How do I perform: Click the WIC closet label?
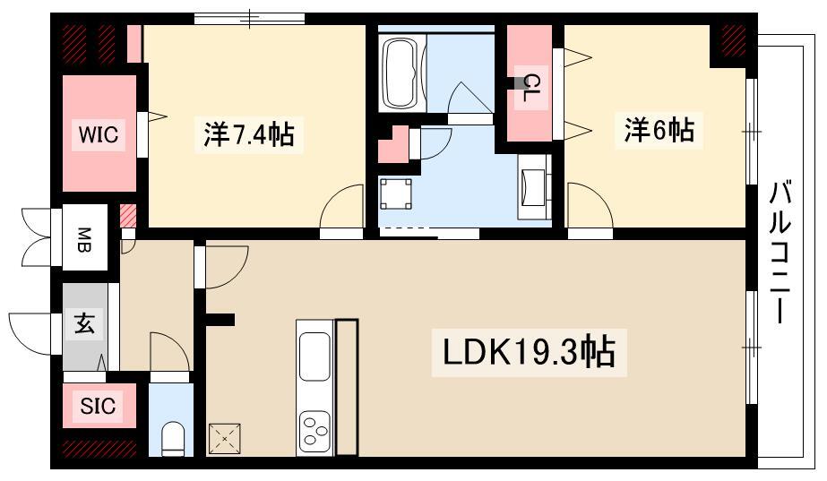(x=99, y=134)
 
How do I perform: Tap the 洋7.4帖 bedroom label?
(x=249, y=134)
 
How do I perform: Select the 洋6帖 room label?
(x=659, y=129)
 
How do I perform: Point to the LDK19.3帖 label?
(x=529, y=352)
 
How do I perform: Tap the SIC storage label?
(x=98, y=406)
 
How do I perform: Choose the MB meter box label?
(x=84, y=240)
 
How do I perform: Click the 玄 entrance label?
(x=84, y=322)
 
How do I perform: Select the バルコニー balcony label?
(x=780, y=252)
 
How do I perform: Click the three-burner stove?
(x=314, y=431)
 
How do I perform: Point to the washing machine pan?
(x=395, y=194)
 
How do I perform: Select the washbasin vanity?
(x=534, y=186)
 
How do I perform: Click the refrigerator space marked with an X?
(x=225, y=438)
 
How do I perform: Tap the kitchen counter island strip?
(x=347, y=387)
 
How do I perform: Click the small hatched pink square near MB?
(x=128, y=215)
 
